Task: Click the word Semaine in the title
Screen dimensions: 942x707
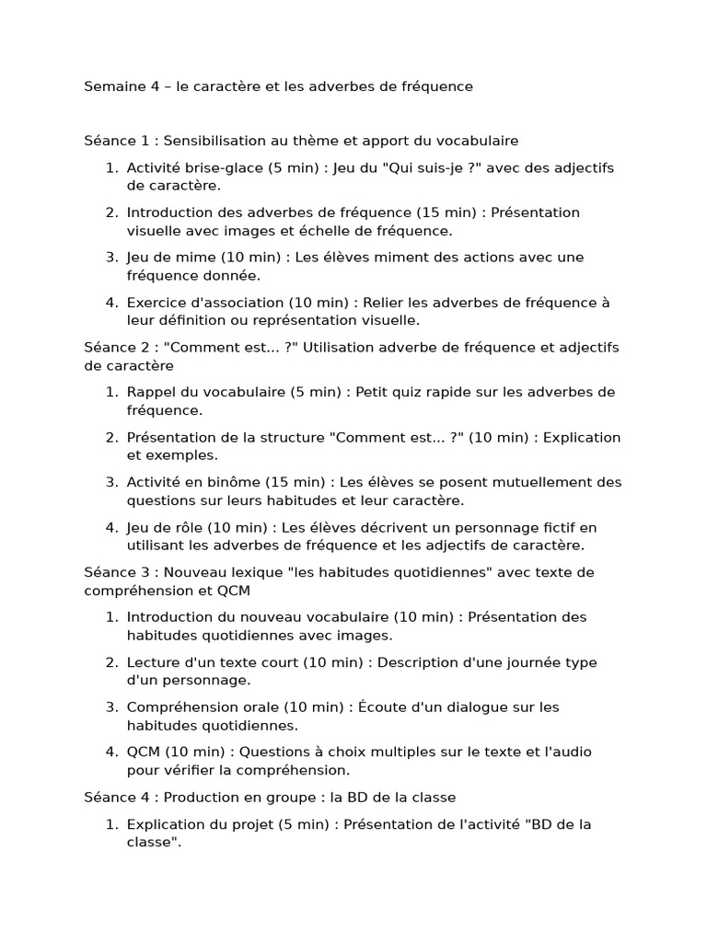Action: [x=112, y=86]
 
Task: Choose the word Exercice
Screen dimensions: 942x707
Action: [x=157, y=303]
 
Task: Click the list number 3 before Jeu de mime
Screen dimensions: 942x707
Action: [x=110, y=258]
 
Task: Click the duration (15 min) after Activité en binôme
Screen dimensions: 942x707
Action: [x=301, y=482]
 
